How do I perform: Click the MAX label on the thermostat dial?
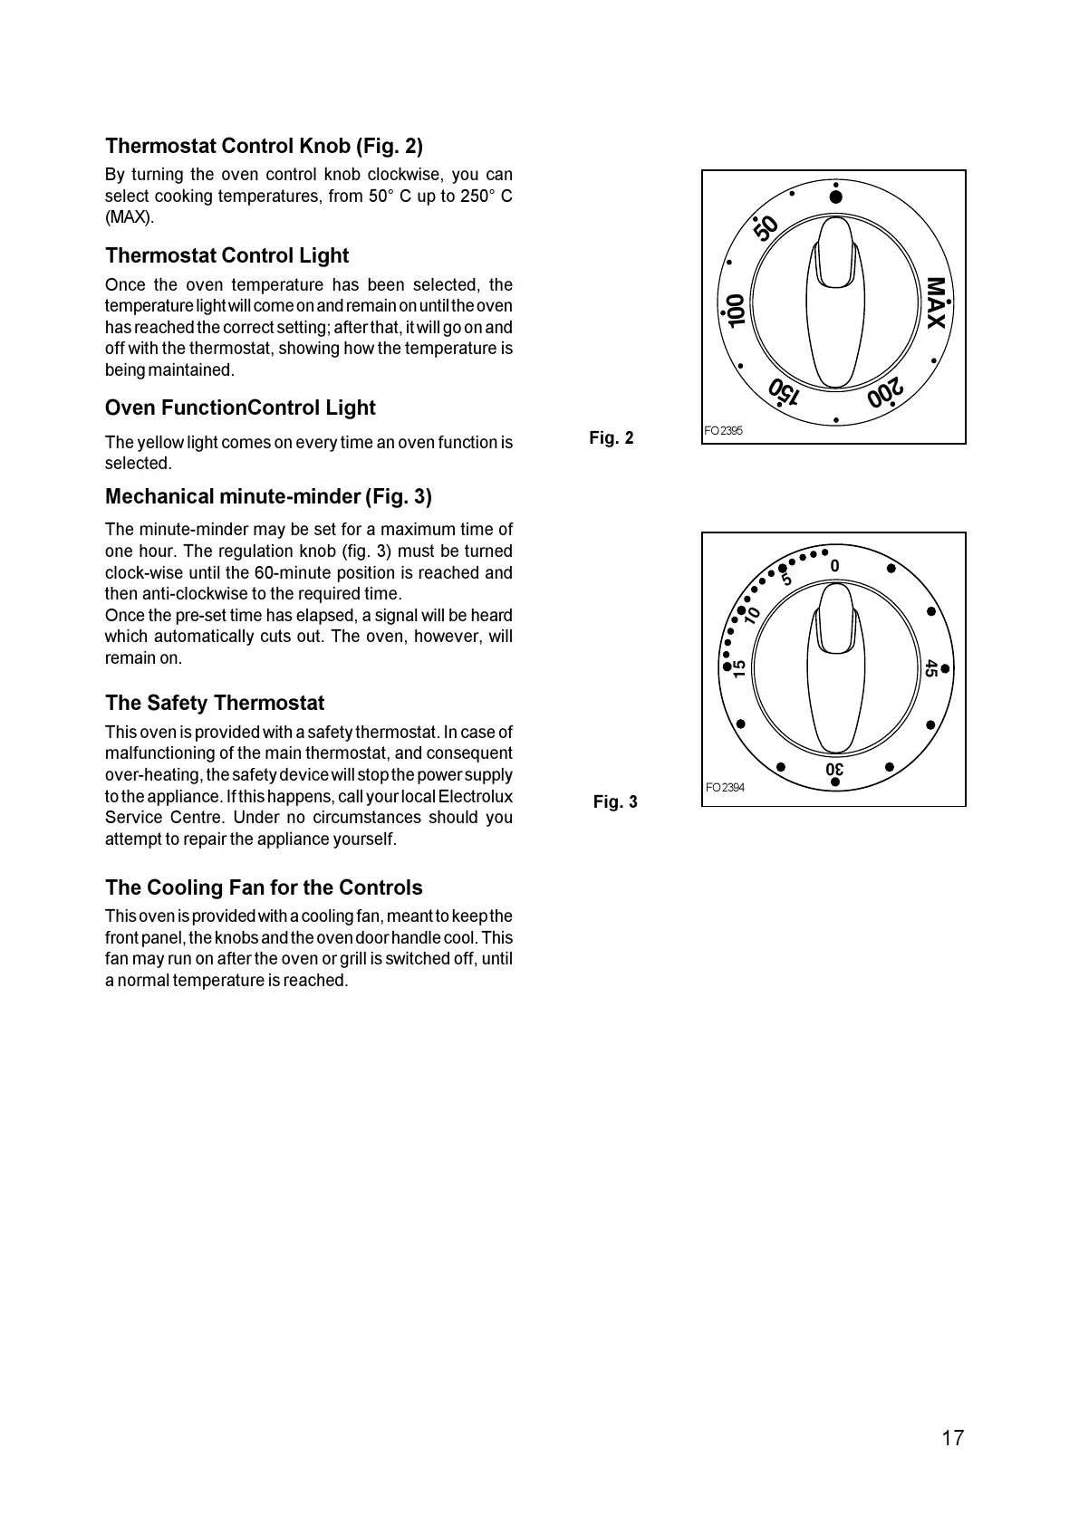936,304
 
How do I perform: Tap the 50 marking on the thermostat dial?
766,228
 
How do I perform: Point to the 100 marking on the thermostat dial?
735,311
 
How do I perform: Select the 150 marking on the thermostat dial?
784,392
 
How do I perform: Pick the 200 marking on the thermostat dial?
885,393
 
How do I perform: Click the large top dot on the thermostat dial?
836,197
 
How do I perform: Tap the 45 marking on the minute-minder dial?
930,669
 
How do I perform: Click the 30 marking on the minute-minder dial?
835,770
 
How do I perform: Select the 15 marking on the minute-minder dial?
740,669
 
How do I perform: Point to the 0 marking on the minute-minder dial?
835,567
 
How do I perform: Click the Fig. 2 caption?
612,438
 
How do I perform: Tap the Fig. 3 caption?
615,802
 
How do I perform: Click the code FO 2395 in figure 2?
723,431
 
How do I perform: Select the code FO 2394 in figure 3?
725,788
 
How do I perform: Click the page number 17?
952,1438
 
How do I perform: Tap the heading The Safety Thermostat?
215,703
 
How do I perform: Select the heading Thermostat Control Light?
226,255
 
